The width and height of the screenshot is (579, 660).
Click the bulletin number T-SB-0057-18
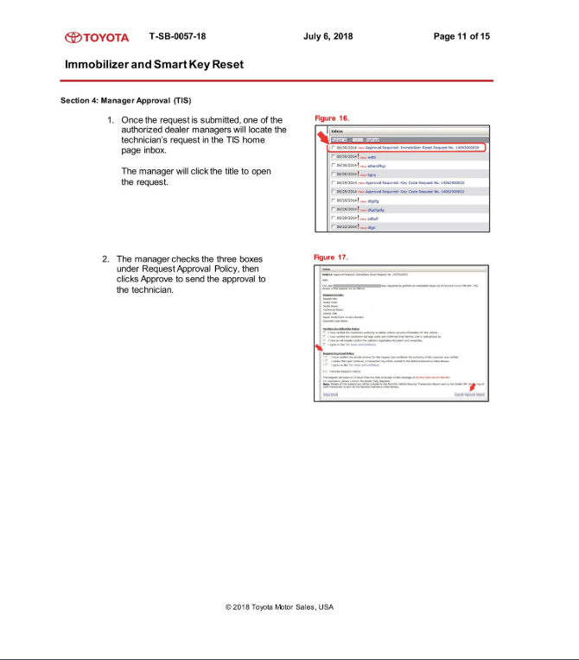tap(177, 36)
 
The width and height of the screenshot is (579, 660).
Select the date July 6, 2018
tap(328, 36)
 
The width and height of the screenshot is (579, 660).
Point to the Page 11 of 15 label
tap(461, 36)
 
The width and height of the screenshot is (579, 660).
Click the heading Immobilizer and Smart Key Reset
tap(154, 65)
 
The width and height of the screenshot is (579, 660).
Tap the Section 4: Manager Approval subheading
tap(125, 100)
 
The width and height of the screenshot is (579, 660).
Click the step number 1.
tap(111, 120)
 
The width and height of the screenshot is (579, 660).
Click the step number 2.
tap(105, 259)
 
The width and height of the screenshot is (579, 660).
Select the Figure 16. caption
tap(332, 117)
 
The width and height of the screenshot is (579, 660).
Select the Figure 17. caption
tap(331, 257)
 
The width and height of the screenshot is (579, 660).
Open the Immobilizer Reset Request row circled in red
tap(406, 148)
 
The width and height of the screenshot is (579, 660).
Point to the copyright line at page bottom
tap(279, 607)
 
